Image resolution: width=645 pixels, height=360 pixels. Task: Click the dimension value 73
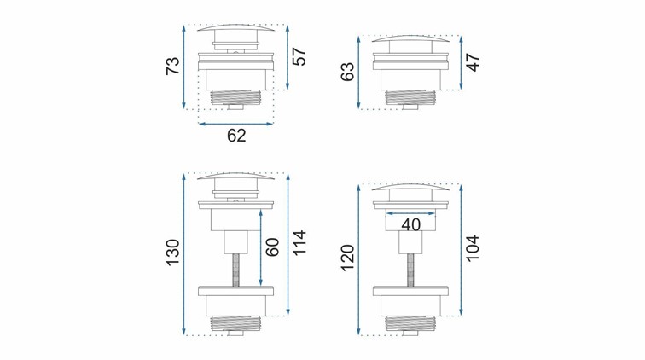point(172,67)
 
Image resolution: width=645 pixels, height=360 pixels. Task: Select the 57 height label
point(299,57)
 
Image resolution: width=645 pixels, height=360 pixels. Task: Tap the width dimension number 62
point(236,135)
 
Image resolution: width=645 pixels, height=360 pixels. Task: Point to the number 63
point(348,71)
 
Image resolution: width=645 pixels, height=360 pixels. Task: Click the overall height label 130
point(172,253)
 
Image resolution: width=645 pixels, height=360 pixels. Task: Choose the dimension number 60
point(273,248)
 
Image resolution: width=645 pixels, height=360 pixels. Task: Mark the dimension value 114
point(299,247)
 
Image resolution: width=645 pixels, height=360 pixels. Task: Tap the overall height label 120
point(348,258)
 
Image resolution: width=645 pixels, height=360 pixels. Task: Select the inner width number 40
point(412,224)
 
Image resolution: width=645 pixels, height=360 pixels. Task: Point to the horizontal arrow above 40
point(412,212)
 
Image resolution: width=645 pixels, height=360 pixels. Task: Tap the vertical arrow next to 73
point(185,67)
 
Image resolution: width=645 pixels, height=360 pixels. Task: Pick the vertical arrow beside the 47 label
point(462,62)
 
